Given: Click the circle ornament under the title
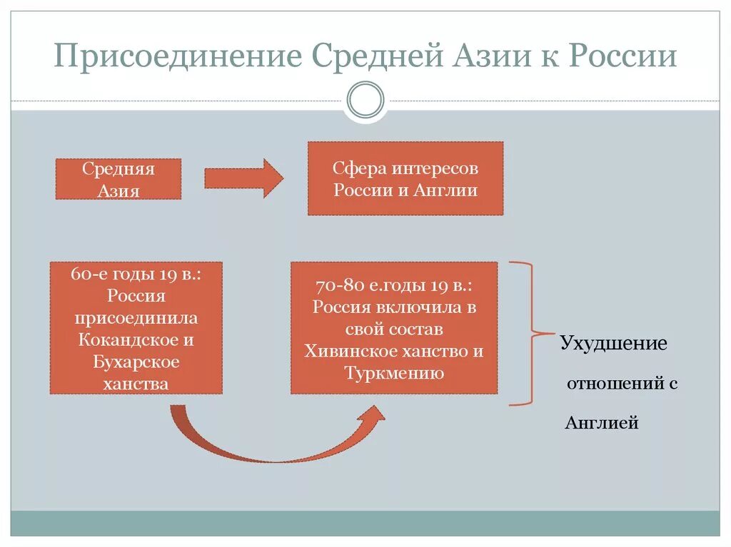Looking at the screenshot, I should click(x=365, y=100).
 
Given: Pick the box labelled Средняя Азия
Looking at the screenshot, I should click(x=119, y=179).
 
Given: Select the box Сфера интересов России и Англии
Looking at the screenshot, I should click(x=405, y=178).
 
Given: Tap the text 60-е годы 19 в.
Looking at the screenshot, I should click(x=136, y=274).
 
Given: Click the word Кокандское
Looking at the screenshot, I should click(x=136, y=340).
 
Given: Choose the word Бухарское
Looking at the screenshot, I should click(x=136, y=362).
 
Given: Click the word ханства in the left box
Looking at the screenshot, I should click(x=136, y=384).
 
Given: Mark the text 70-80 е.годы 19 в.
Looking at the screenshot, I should click(x=393, y=285).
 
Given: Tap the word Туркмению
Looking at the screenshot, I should click(x=394, y=373).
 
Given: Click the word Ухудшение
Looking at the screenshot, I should click(x=613, y=344).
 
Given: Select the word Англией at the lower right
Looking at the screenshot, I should click(x=602, y=423).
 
